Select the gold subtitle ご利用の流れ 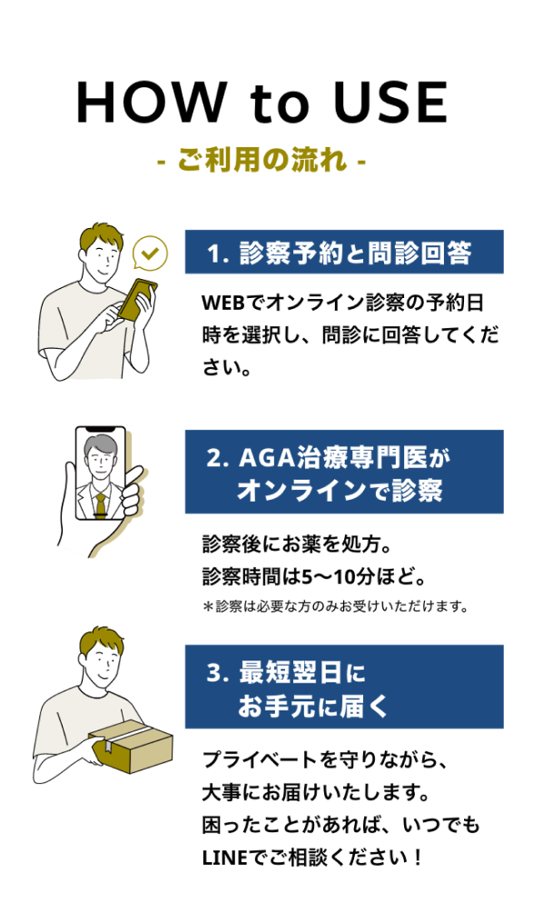(x=262, y=160)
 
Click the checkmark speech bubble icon (x=150, y=253)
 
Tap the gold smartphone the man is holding (x=136, y=299)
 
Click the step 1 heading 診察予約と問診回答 (x=355, y=253)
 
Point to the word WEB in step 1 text (x=222, y=303)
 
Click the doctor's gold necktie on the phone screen (x=102, y=504)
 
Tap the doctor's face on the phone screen (x=100, y=463)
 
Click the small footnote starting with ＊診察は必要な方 (x=335, y=606)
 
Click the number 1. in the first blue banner (x=217, y=254)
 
